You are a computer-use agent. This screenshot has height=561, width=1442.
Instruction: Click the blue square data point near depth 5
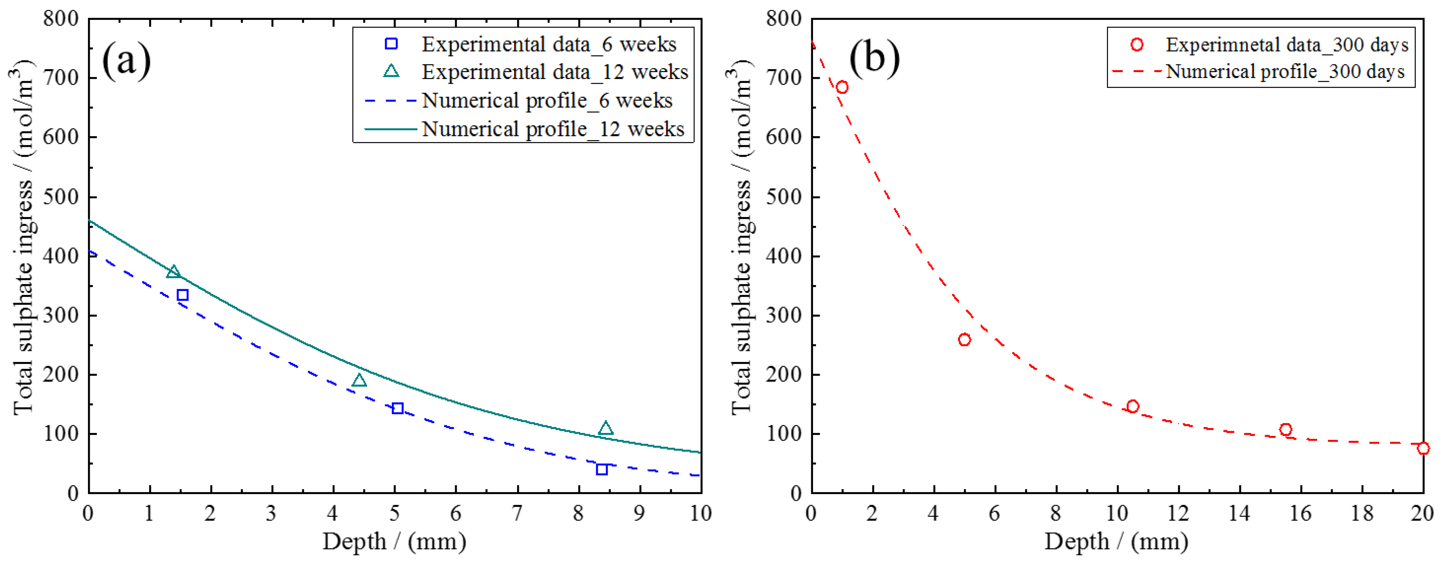(x=397, y=408)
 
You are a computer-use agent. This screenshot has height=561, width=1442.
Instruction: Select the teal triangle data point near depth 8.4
(x=606, y=429)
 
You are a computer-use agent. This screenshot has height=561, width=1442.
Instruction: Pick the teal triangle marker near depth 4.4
(x=359, y=380)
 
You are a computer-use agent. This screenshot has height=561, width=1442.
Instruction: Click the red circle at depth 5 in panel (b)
(x=964, y=340)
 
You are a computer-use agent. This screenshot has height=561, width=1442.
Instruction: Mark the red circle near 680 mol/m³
(x=842, y=87)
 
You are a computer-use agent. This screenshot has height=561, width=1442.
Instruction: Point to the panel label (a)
(x=127, y=60)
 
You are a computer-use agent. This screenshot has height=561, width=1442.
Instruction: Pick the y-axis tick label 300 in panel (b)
(x=783, y=316)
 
